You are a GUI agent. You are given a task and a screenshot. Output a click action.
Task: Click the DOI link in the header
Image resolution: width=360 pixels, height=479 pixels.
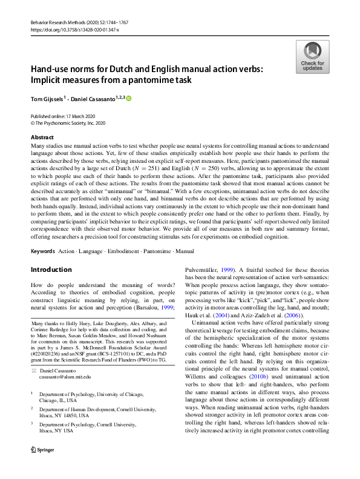point(72,29)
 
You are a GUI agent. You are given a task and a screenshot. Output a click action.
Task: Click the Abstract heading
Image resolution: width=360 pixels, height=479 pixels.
point(42,138)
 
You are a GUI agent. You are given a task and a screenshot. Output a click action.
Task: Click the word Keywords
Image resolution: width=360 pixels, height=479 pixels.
point(43,250)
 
